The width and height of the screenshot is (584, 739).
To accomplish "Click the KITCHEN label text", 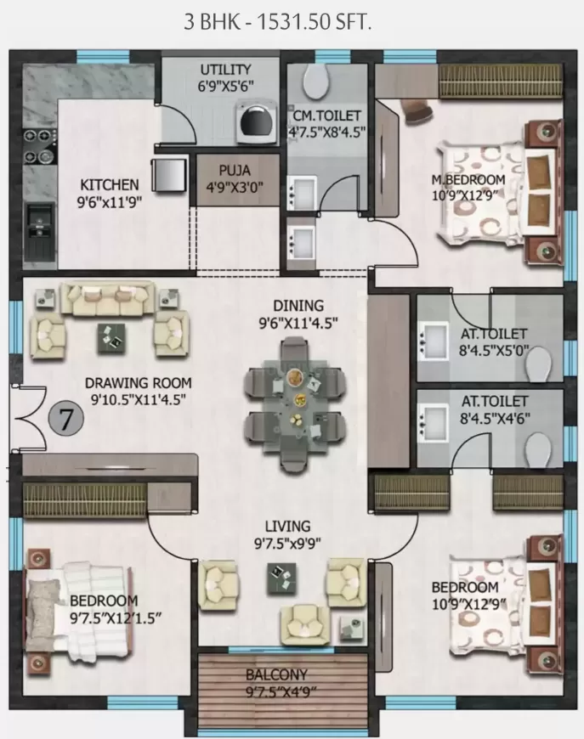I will click(x=109, y=184).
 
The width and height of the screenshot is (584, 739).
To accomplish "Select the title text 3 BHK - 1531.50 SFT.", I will click(x=278, y=23).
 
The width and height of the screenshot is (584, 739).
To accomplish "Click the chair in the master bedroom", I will click(x=417, y=110).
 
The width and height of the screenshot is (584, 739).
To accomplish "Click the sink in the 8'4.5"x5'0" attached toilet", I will click(x=433, y=340).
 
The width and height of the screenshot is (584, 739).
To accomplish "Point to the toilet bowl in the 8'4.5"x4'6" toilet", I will click(x=536, y=446).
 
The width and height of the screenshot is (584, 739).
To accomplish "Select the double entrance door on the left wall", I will click(x=26, y=417).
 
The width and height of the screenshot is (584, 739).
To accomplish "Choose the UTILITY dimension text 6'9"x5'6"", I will click(x=225, y=85).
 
